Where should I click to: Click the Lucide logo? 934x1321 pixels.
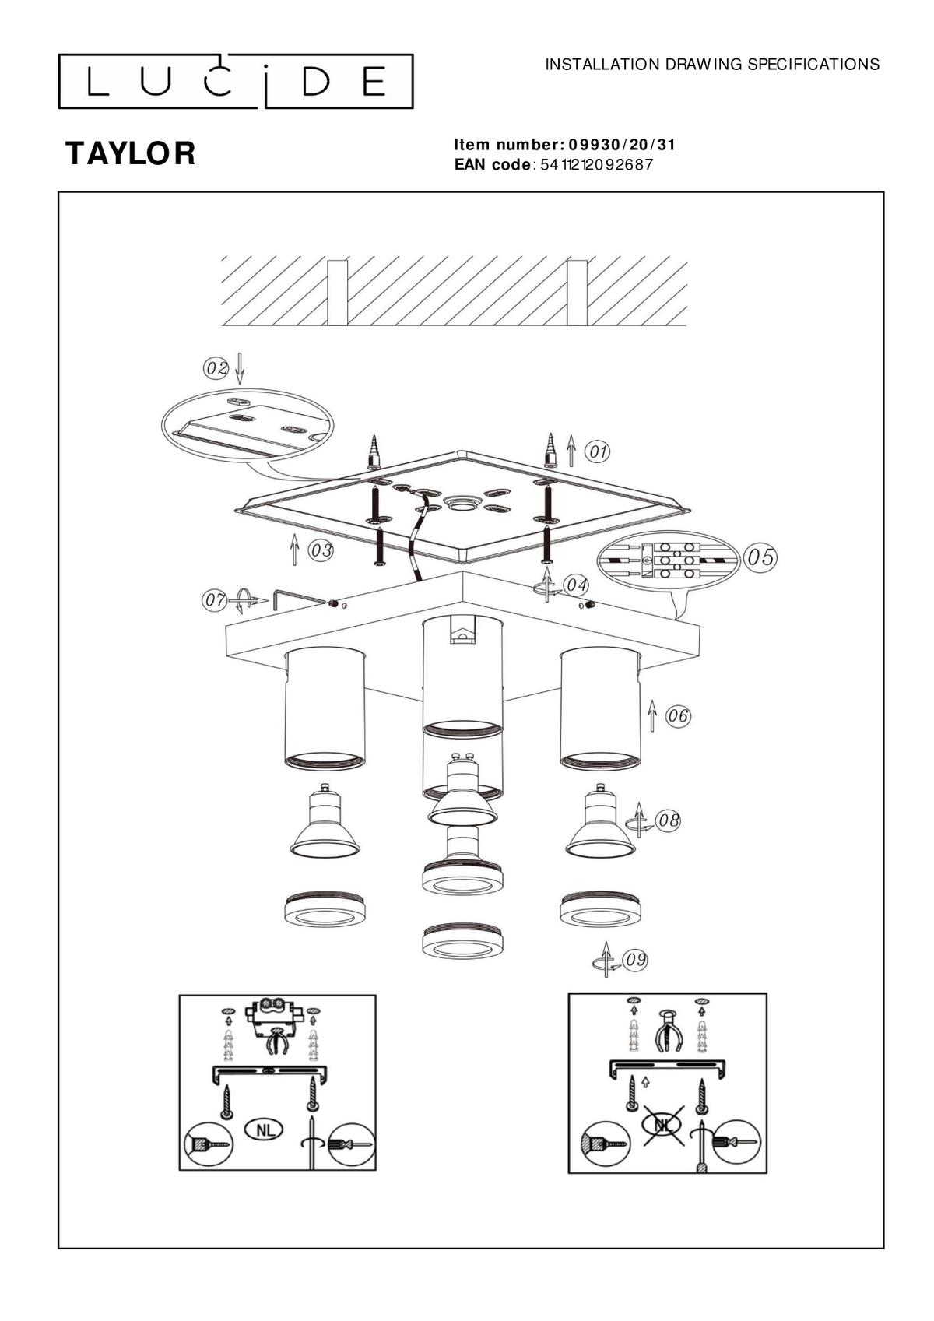235,82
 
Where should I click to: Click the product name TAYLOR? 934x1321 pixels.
130,153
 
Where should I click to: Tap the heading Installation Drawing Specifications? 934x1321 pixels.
712,65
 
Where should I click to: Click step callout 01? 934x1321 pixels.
597,452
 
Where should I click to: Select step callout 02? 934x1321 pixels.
216,368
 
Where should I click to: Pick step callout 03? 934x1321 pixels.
321,550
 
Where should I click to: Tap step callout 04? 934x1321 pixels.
575,585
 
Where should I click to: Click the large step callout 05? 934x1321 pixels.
760,557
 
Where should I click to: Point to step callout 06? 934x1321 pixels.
677,716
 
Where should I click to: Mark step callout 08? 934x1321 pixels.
668,820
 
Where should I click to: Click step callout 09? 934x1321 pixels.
636,960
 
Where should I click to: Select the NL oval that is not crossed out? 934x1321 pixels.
264,1130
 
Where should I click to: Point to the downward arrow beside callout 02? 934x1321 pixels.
240,368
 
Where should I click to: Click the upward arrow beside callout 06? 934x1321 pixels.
651,715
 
